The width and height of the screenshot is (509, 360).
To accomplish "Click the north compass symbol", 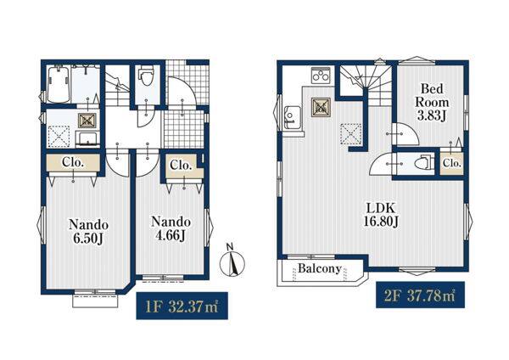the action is [232, 261].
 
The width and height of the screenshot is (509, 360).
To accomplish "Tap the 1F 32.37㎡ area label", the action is [182, 306].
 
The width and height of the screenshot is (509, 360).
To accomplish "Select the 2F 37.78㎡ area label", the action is [420, 295].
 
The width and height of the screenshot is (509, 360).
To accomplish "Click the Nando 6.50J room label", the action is [88, 231].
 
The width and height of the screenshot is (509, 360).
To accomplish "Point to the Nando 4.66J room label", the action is [171, 228].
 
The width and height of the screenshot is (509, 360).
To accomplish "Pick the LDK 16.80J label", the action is [381, 215].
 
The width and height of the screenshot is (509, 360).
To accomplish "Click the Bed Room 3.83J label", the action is [432, 102].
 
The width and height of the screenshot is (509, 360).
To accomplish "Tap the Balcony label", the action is [320, 268].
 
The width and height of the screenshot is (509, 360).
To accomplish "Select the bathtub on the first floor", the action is [59, 84].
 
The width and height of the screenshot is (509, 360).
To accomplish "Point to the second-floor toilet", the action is [424, 162].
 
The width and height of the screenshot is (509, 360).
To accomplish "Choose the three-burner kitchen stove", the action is [321, 76].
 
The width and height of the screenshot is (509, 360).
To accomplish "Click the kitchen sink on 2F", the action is [293, 117].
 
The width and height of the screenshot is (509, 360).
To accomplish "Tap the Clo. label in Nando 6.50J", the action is [73, 162].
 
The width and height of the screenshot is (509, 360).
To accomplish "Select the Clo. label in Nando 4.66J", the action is [181, 166].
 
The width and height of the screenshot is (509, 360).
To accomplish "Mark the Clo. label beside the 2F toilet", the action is [452, 163].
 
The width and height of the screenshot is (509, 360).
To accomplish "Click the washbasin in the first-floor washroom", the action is [87, 138].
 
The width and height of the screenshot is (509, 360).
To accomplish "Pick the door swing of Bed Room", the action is [406, 133].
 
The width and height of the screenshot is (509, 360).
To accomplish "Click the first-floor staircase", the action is [118, 86].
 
